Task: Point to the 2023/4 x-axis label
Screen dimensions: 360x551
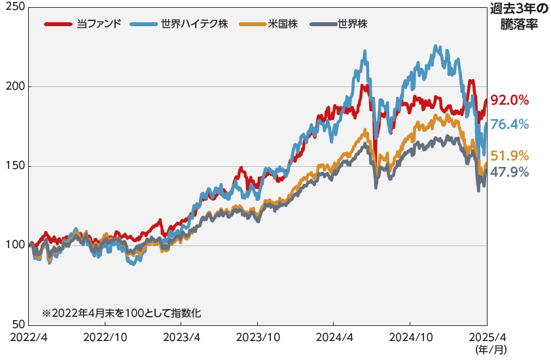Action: tap(181, 336)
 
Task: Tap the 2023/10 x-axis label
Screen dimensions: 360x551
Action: tap(257, 336)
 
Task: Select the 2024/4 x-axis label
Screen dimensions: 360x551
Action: tap(333, 336)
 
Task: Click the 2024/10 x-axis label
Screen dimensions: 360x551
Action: tap(410, 336)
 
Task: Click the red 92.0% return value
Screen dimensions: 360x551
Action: tap(509, 100)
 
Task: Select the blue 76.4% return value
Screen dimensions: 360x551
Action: tap(509, 124)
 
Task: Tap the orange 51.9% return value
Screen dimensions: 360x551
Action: tap(509, 156)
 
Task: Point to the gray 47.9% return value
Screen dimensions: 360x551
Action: tap(509, 173)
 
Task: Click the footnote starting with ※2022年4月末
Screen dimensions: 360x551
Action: tap(121, 314)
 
